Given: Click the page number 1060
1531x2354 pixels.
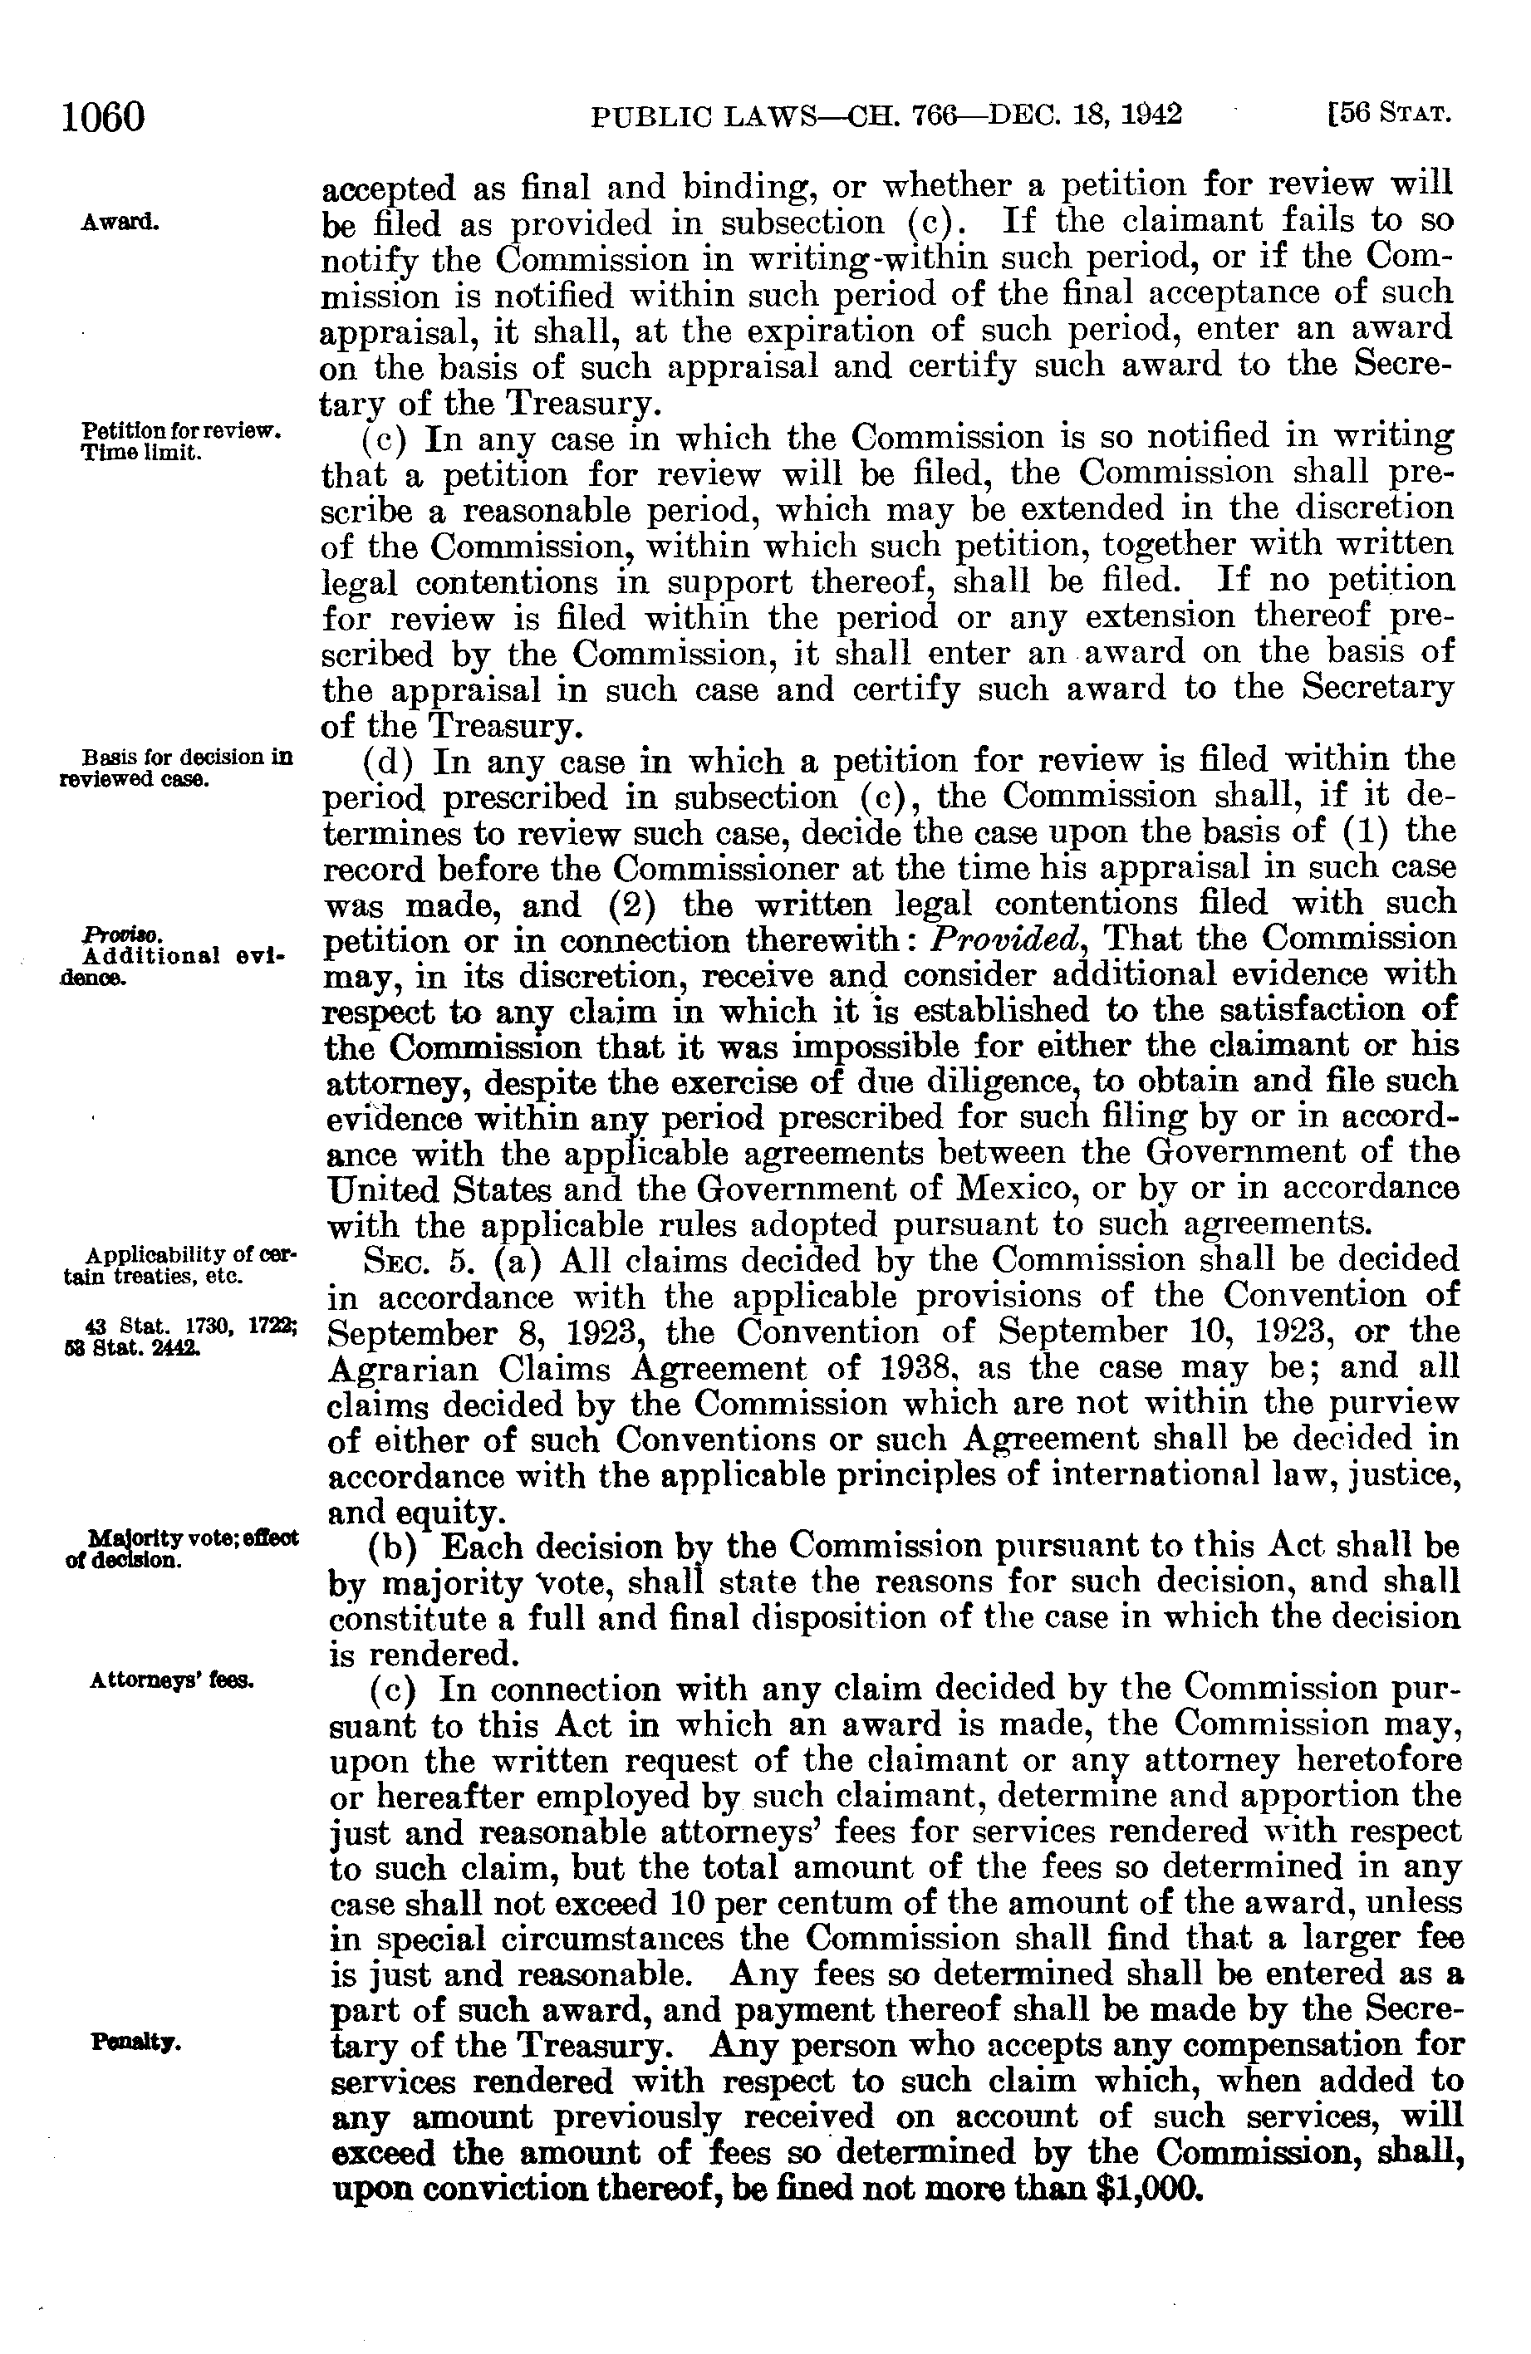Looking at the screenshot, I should (103, 118).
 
